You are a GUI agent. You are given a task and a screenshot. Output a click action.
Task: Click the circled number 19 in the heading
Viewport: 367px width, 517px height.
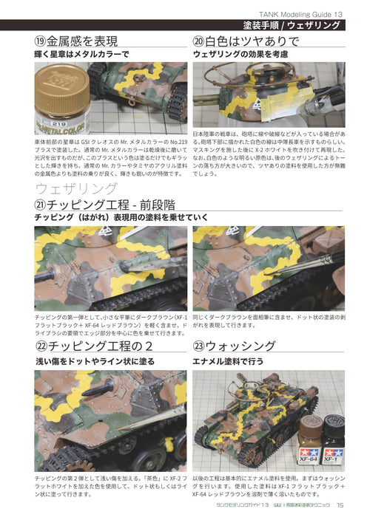[43, 41]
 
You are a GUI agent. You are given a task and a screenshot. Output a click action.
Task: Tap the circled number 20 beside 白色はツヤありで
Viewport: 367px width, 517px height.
[201, 41]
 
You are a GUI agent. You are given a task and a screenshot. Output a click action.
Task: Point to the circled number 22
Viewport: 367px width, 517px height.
[43, 346]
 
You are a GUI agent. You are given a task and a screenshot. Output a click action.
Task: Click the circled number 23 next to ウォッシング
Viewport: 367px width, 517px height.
[201, 346]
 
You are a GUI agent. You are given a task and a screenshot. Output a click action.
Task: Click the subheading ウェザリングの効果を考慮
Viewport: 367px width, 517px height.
[240, 55]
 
